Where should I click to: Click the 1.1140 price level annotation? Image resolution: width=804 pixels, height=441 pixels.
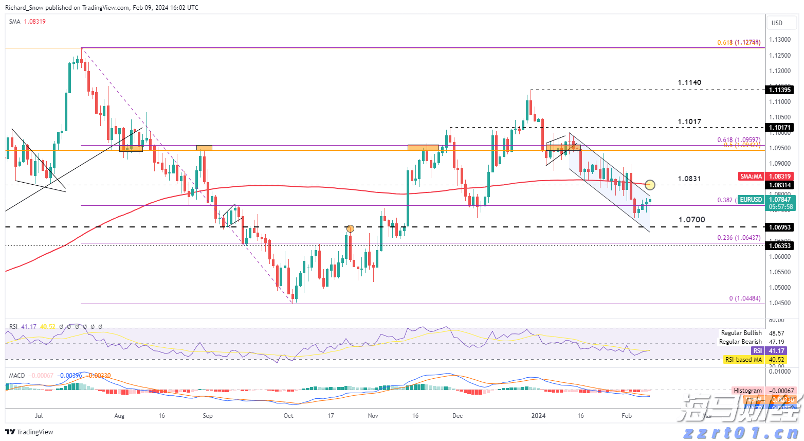pos(689,82)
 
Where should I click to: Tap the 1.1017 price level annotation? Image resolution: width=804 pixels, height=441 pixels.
pos(689,122)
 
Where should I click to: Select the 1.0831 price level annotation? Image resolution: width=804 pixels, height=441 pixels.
pos(689,179)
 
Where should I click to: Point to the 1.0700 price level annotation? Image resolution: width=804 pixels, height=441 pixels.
pos(691,220)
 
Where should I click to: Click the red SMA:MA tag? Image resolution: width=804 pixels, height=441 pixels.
pos(751,177)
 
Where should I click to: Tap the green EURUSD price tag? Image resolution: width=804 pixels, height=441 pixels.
pos(751,200)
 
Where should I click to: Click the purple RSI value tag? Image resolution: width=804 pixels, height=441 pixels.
pos(757,351)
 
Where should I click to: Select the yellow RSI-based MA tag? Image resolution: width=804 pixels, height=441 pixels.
pos(743,360)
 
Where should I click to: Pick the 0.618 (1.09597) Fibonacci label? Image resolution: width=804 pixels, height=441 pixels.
pos(738,140)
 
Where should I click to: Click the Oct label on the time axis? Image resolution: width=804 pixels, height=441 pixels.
pos(288,415)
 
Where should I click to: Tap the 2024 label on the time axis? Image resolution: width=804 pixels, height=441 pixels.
pos(538,415)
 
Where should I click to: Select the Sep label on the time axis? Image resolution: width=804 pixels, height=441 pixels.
pos(208,415)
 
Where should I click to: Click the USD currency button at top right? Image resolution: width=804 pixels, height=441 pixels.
pos(777,23)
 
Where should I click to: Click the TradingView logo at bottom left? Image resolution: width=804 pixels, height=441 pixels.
pos(29,432)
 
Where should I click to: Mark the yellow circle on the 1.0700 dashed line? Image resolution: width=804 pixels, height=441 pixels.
pos(350,228)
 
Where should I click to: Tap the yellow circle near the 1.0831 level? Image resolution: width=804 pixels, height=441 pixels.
pos(650,184)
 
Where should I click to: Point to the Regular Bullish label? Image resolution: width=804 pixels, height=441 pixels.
pos(741,333)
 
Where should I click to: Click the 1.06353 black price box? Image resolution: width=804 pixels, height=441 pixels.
pos(780,246)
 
